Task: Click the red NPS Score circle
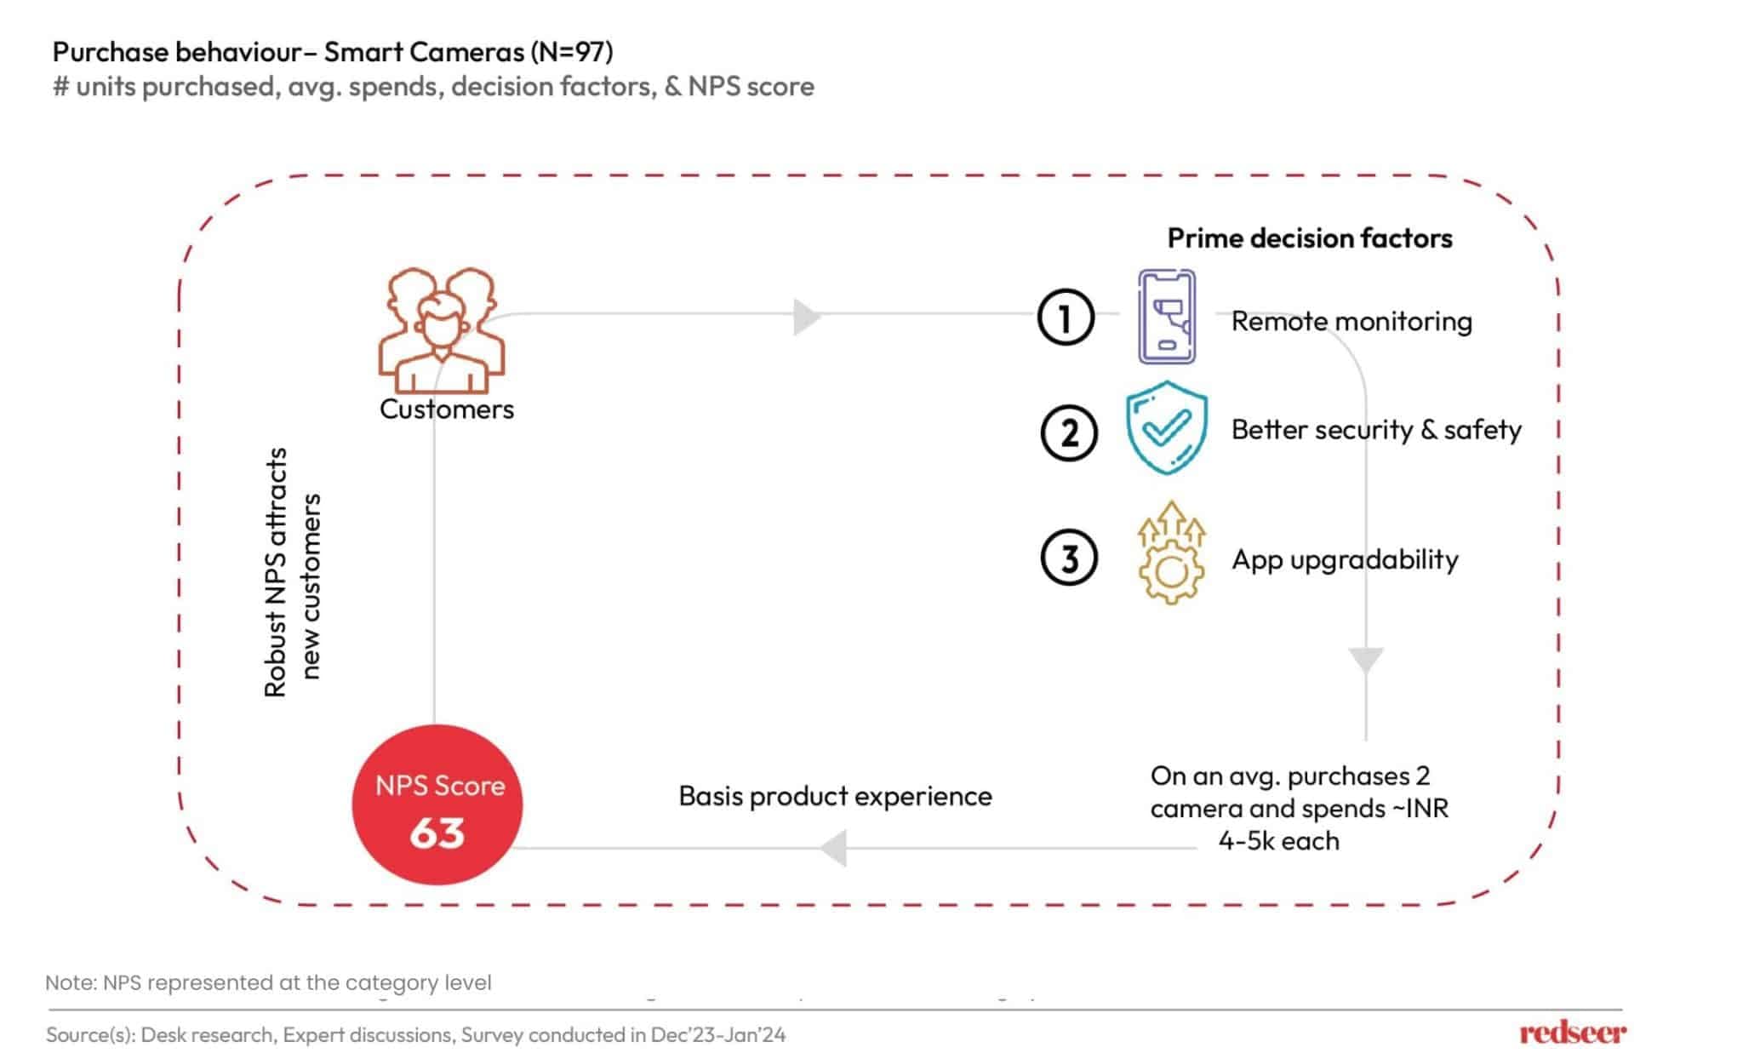click(437, 804)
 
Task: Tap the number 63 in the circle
click(437, 833)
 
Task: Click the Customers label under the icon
click(447, 409)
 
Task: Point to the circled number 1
click(1066, 318)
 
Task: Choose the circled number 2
click(1069, 432)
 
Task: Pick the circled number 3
click(1069, 558)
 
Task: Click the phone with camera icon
click(1167, 317)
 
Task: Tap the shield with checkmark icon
click(1167, 427)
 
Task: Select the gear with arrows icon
click(1171, 554)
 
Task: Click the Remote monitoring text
click(1352, 322)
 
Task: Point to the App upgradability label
click(1345, 559)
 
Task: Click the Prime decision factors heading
click(1309, 238)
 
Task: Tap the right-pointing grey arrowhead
click(805, 317)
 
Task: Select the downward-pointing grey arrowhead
click(1366, 661)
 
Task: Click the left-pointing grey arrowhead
click(834, 848)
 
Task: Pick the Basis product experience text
click(835, 796)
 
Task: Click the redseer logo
click(1572, 1033)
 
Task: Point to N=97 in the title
click(571, 52)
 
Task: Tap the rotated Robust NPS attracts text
click(276, 572)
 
